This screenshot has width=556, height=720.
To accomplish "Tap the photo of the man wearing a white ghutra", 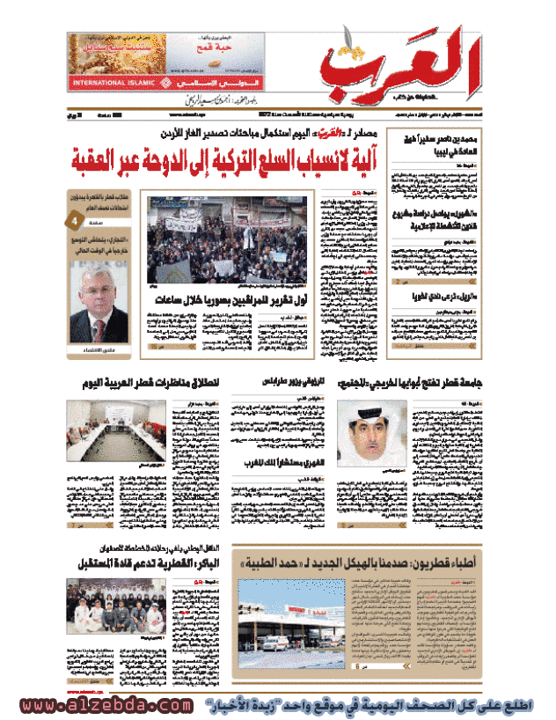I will pos(372,429).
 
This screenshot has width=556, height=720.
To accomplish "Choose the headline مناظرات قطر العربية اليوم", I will pos(165,381).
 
